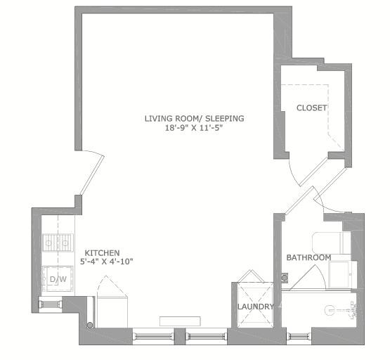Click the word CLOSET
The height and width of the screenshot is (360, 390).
(312, 108)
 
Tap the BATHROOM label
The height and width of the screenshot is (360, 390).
(308, 257)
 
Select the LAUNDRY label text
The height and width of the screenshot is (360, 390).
(256, 307)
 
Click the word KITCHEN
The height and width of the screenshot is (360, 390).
(102, 253)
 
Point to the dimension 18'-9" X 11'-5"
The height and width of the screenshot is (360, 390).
(194, 128)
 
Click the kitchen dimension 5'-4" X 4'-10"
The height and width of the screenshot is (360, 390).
(107, 262)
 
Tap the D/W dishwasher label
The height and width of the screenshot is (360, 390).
(58, 279)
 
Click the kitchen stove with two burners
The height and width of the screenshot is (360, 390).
(58, 243)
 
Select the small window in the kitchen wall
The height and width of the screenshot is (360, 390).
(51, 304)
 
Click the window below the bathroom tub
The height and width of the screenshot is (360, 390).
(299, 336)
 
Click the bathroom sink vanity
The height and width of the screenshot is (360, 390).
(343, 274)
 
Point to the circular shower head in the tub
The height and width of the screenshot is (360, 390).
(329, 311)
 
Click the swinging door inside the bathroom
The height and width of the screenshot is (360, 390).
(308, 278)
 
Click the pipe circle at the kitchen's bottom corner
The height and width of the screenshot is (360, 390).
(90, 325)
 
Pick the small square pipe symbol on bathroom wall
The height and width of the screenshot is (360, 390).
(285, 278)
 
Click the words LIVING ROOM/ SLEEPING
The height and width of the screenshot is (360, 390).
(194, 118)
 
